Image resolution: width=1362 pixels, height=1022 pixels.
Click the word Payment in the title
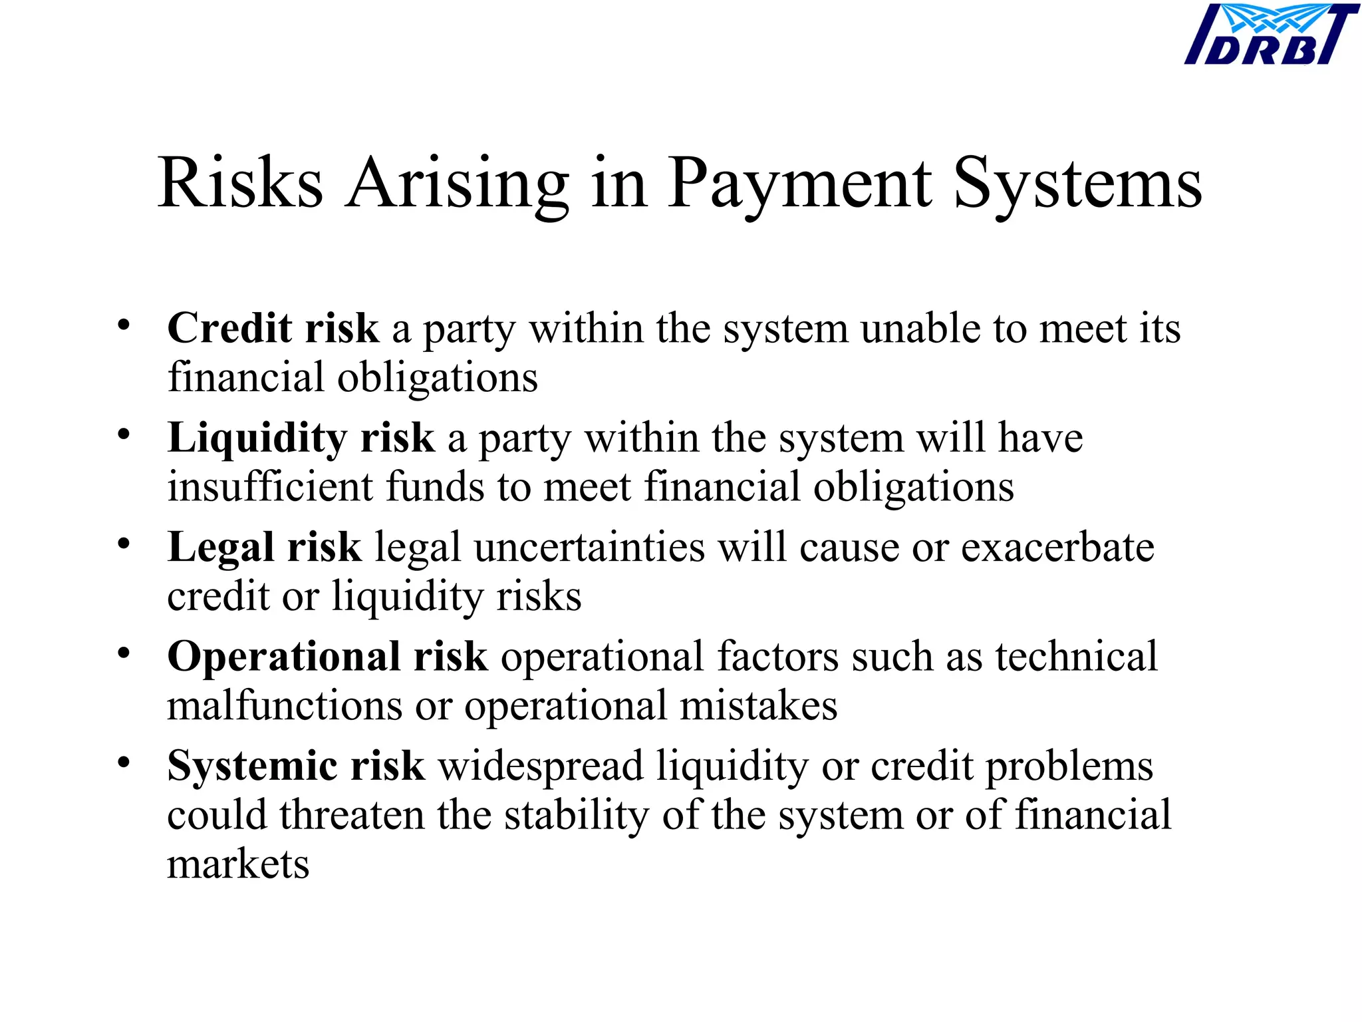click(799, 184)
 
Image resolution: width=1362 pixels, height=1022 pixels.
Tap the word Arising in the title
click(457, 184)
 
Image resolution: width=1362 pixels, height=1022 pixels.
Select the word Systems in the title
click(1077, 184)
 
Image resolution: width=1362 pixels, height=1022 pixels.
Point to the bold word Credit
click(229, 328)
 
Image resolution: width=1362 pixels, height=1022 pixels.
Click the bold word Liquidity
click(257, 438)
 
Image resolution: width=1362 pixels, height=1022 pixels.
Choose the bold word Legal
click(220, 548)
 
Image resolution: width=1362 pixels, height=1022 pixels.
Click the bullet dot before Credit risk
click(124, 325)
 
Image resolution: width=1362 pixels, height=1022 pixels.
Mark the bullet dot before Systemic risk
click(124, 763)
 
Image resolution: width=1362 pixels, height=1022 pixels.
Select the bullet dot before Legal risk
click(124, 544)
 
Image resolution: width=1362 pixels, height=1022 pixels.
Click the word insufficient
click(270, 486)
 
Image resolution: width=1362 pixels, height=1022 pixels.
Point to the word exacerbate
click(1057, 548)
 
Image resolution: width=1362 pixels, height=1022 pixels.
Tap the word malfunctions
click(285, 705)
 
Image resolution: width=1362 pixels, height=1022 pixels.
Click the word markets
click(238, 864)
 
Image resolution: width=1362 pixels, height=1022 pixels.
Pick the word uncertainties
click(589, 548)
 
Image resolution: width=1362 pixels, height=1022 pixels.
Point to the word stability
click(576, 815)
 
